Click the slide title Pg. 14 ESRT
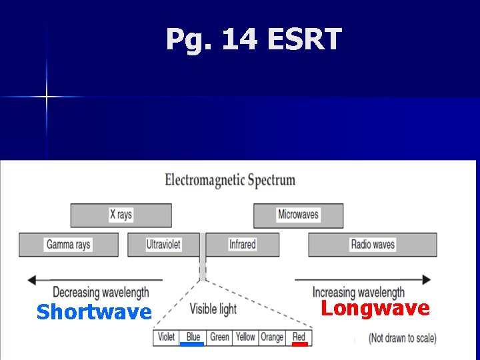coord(253,40)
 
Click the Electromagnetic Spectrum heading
coord(230,180)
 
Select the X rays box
coord(121,215)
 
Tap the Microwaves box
coord(298,215)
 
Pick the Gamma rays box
coord(68,245)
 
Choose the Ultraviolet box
coord(163,245)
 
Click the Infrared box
coord(242,245)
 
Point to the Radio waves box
coord(373,245)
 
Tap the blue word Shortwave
coord(94,312)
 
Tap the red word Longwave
coord(375,308)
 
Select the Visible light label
coord(213,309)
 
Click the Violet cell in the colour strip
coord(166,337)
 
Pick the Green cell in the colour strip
coord(219,337)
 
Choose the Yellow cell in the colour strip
coord(245,337)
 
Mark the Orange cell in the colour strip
coord(272,337)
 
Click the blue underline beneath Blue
coord(192,345)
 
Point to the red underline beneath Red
coord(300,345)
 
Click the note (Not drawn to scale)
coord(403,338)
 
